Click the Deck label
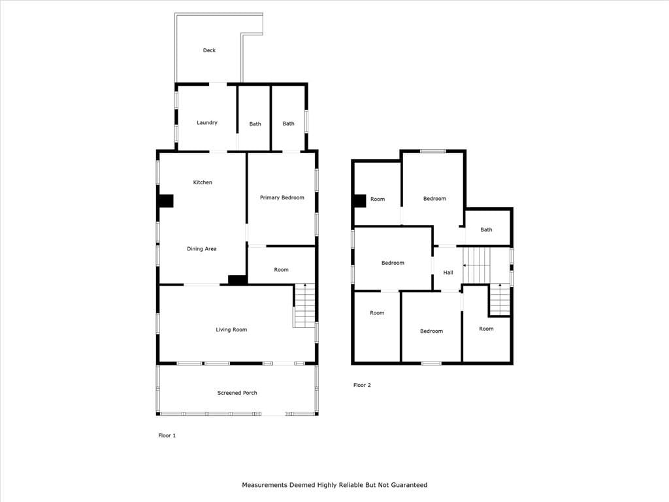(x=209, y=50)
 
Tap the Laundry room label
(x=207, y=122)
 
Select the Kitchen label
(x=203, y=182)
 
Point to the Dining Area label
(x=202, y=249)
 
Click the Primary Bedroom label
(x=282, y=197)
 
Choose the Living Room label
(x=231, y=329)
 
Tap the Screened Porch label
(x=237, y=393)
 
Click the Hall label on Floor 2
(x=448, y=273)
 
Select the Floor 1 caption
(x=167, y=435)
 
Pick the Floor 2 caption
(x=362, y=385)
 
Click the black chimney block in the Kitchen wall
(x=165, y=201)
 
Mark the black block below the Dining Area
(x=237, y=280)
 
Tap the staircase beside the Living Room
(x=304, y=306)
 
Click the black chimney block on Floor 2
(x=360, y=201)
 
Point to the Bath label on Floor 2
(x=486, y=229)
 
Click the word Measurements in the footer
(x=265, y=485)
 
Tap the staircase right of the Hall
(x=476, y=265)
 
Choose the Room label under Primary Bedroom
(x=281, y=270)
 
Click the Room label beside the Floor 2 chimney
(x=378, y=199)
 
